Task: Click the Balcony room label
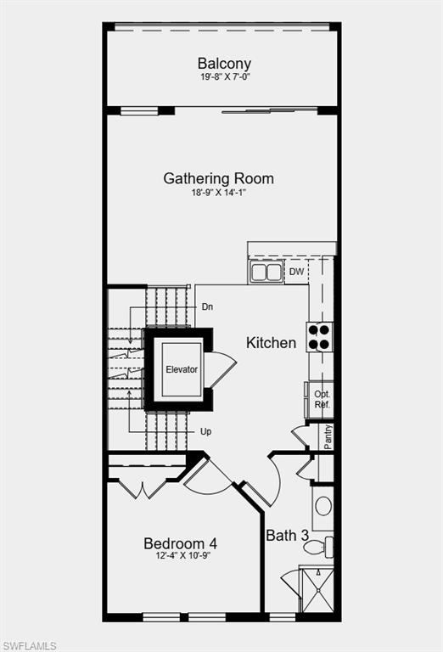point(224,64)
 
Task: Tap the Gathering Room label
point(219,178)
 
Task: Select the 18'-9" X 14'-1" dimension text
point(219,193)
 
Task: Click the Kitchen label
point(272,343)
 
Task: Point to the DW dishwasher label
point(296,272)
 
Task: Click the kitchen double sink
point(266,272)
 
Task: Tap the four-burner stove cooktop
point(319,337)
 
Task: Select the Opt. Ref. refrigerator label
point(322,400)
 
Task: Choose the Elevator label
point(182,369)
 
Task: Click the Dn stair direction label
point(206,306)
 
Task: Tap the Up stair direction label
point(206,431)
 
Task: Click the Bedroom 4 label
point(180,543)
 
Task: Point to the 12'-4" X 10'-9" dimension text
point(182,556)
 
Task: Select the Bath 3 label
point(287,536)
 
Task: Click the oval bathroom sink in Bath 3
point(323,506)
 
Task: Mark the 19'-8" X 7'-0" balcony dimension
point(224,77)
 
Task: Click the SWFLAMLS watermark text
point(29,645)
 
